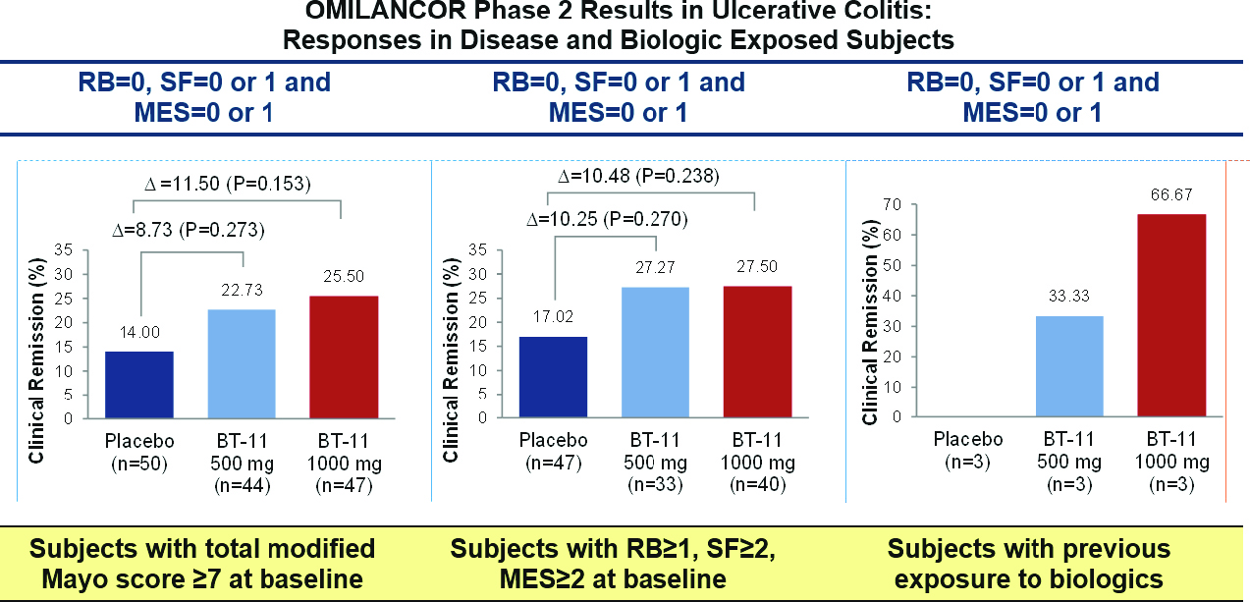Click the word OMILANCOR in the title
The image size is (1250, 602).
coord(360,14)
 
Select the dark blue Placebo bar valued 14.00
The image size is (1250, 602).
coord(139,384)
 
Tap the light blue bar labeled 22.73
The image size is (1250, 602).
coord(243,363)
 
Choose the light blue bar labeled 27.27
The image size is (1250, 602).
coord(656,353)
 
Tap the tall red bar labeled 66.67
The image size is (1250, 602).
coord(1170,315)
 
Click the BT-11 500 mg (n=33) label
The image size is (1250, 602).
coord(656,461)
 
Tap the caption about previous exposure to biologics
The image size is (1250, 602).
coord(1028,563)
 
